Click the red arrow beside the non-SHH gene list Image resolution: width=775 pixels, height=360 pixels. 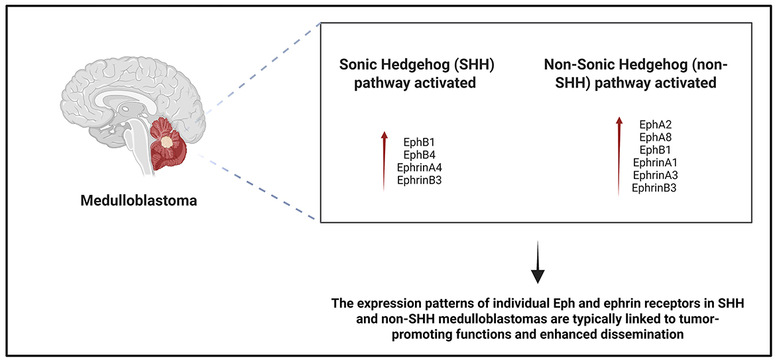(619, 156)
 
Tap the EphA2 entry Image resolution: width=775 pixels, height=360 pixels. (655, 125)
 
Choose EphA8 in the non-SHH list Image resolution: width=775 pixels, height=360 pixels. (655, 137)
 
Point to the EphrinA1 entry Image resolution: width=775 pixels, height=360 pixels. (655, 162)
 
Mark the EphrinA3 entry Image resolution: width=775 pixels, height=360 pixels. (655, 175)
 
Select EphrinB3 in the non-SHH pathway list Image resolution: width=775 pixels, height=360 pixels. (654, 188)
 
